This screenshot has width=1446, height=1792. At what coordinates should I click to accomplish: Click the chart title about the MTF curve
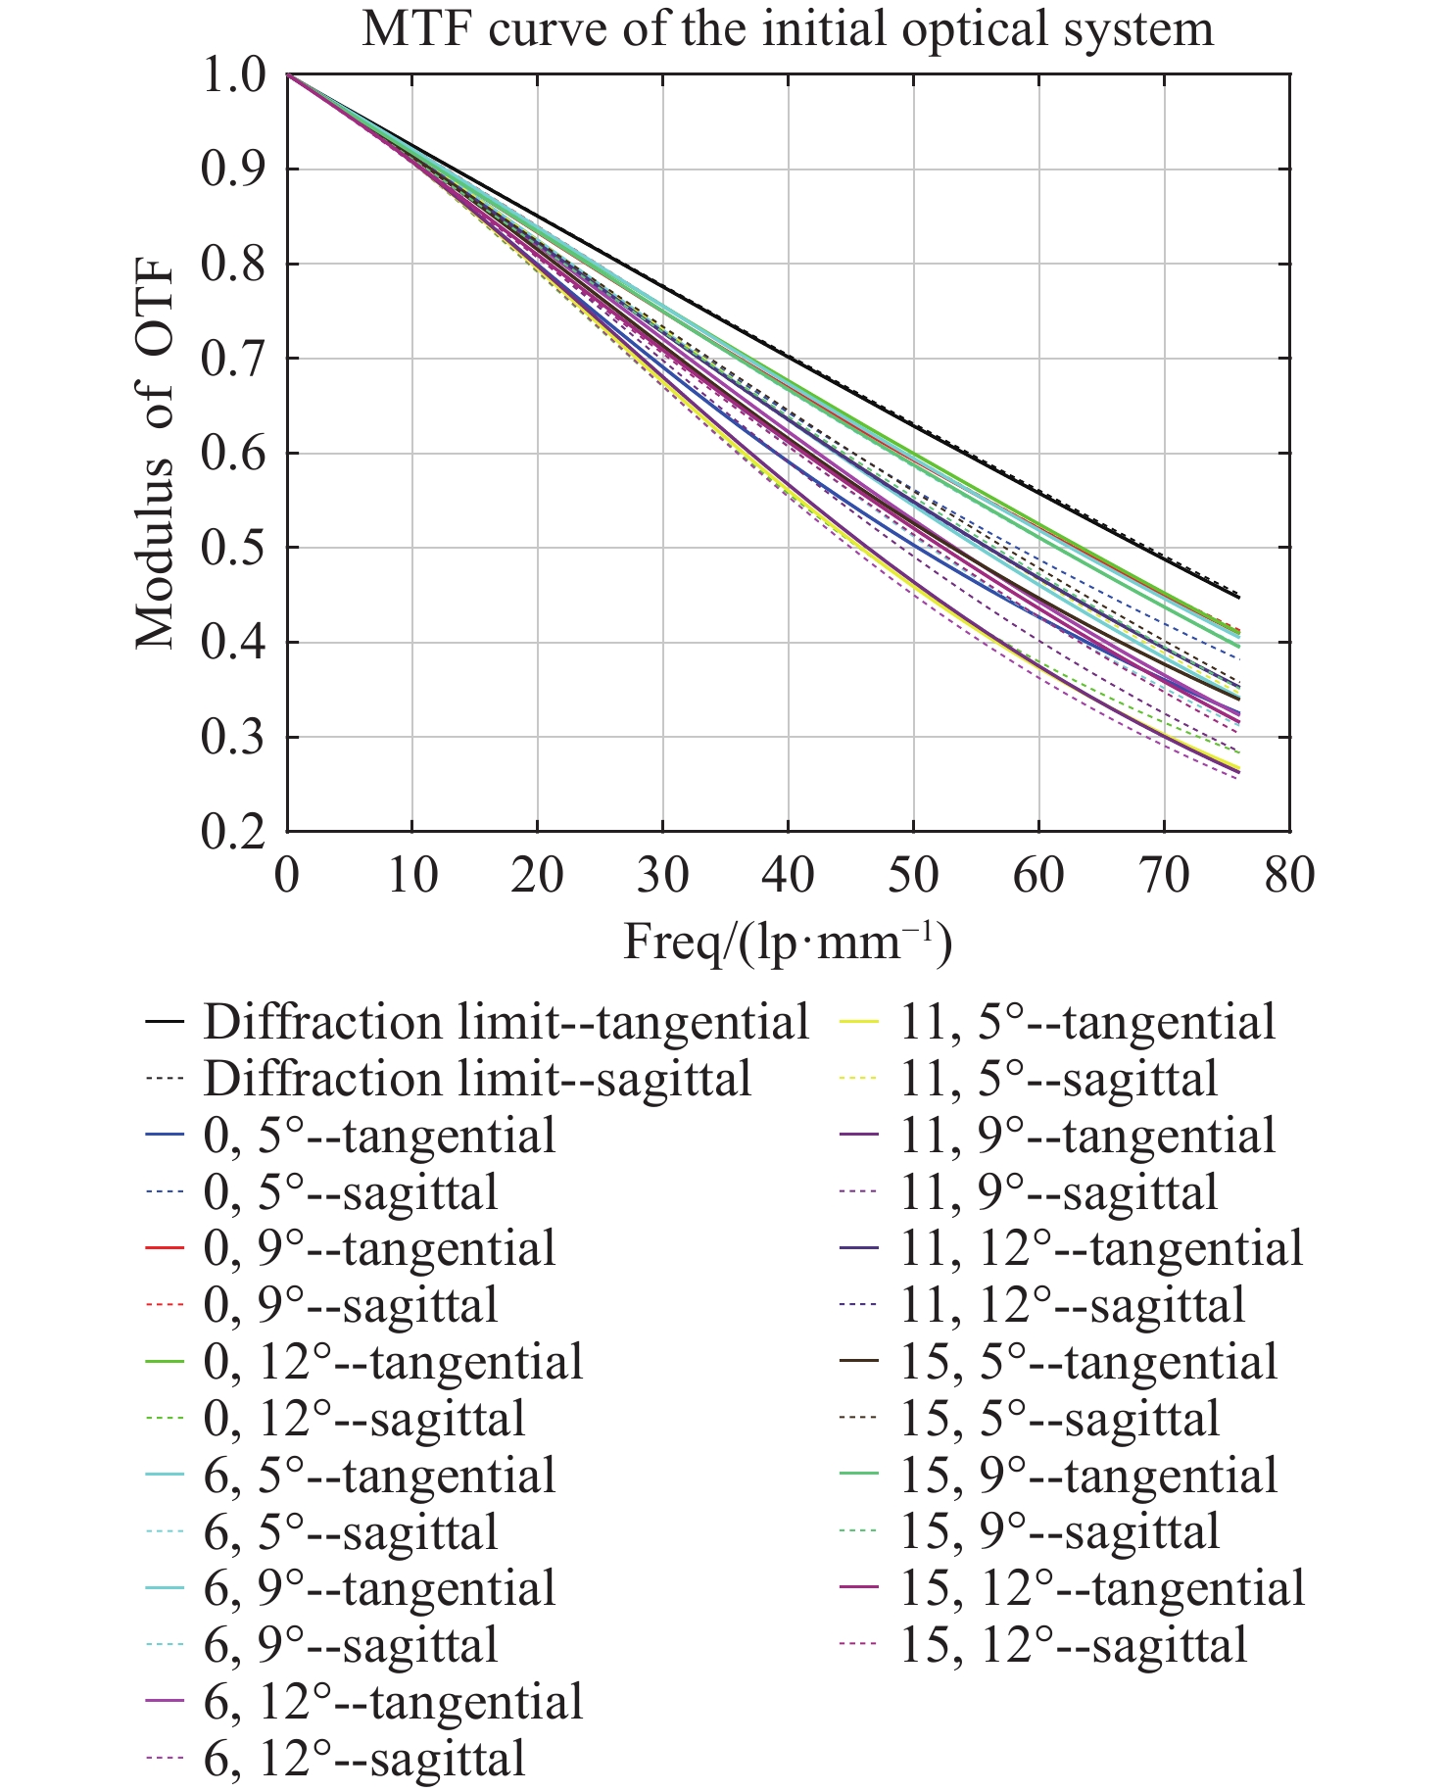(788, 28)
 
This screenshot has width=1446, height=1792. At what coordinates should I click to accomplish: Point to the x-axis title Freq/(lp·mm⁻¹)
(788, 943)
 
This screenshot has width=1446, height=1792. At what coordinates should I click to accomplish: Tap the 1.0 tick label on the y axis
(233, 75)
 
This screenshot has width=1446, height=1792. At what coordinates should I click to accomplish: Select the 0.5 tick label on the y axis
(233, 549)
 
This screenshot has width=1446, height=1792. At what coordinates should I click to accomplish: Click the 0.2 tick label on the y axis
(233, 832)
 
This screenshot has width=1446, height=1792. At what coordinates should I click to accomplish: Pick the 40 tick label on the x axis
(788, 874)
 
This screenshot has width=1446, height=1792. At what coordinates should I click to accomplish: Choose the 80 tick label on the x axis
(1289, 874)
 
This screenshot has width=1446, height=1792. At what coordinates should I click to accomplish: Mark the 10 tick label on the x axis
(412, 874)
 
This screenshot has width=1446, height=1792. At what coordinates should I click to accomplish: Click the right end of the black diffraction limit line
(1238, 597)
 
